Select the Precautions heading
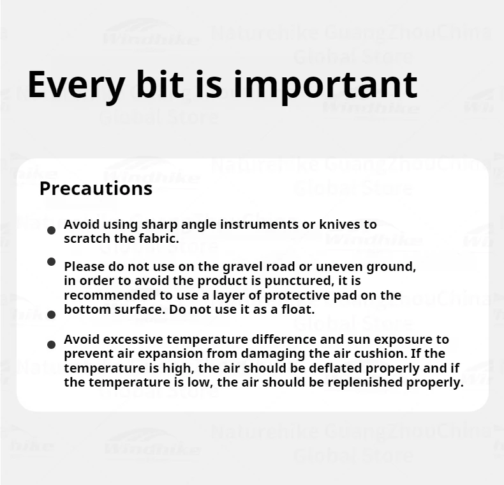tap(96, 189)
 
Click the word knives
tap(339, 224)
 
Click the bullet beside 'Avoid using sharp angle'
tap(51, 230)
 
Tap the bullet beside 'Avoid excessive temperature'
tap(51, 344)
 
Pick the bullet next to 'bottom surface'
tap(51, 314)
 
